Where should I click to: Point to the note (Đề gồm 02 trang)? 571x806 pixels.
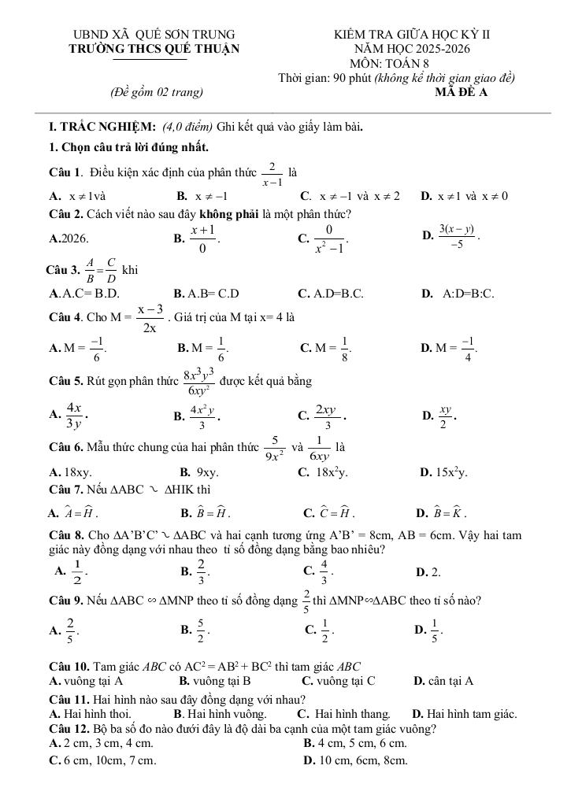tap(157, 92)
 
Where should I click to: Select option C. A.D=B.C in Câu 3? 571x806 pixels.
tap(331, 294)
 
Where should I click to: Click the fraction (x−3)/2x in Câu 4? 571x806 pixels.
tap(150, 318)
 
